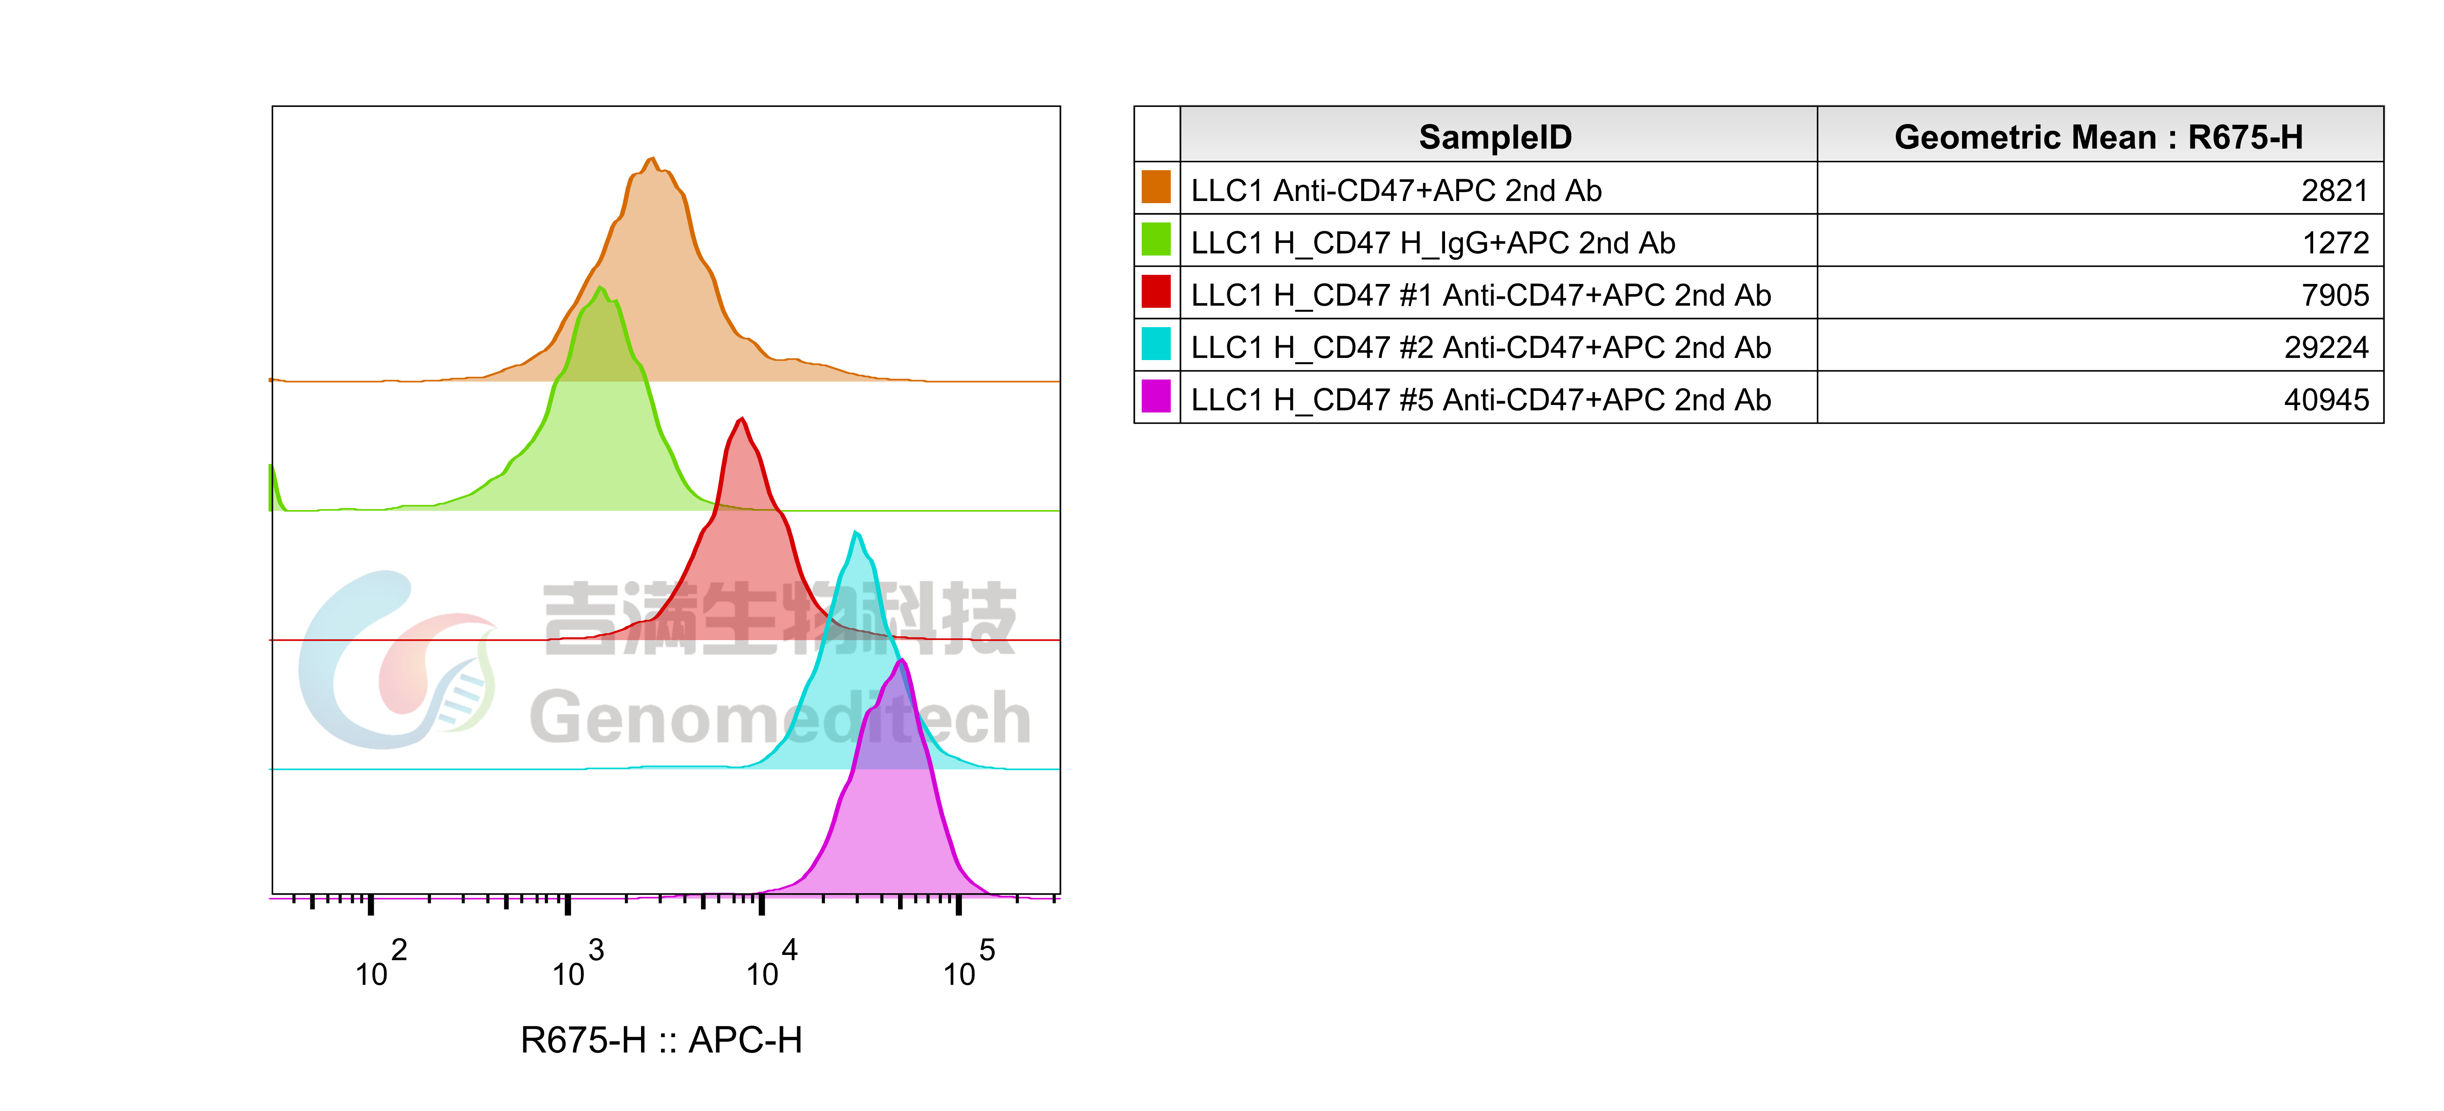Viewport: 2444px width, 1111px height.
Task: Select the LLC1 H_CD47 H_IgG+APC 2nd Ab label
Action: point(1433,243)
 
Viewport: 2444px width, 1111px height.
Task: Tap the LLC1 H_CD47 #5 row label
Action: point(1480,399)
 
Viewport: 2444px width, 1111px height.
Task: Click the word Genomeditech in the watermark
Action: point(780,718)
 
